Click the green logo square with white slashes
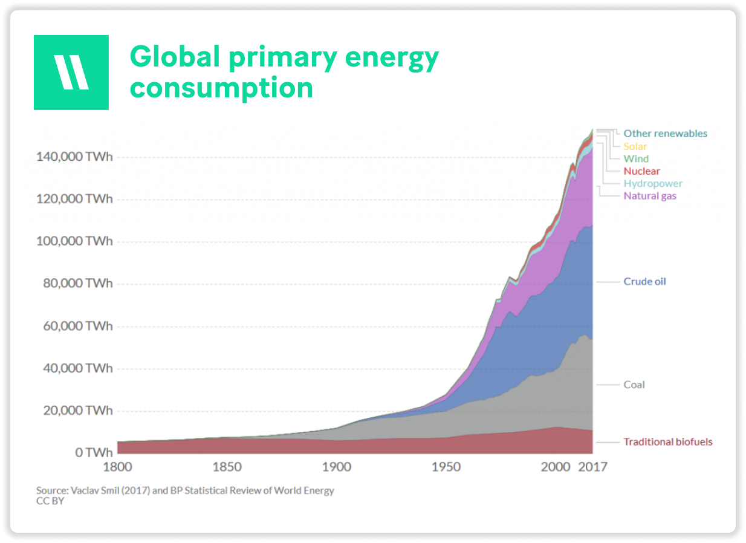(71, 73)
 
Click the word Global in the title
(175, 56)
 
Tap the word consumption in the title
(221, 88)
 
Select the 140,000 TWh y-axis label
(74, 157)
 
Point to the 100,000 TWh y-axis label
(74, 241)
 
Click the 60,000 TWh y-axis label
(78, 326)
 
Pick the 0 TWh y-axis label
(94, 452)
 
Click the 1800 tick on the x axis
(117, 467)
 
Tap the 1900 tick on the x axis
(336, 467)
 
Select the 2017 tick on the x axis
(593, 467)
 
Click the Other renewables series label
(666, 134)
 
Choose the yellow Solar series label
(635, 146)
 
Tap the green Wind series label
(636, 158)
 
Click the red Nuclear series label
(642, 171)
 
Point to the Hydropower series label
(653, 184)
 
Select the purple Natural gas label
(650, 196)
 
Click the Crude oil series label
(645, 282)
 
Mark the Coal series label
(634, 385)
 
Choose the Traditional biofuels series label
(668, 442)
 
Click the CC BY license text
(50, 501)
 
